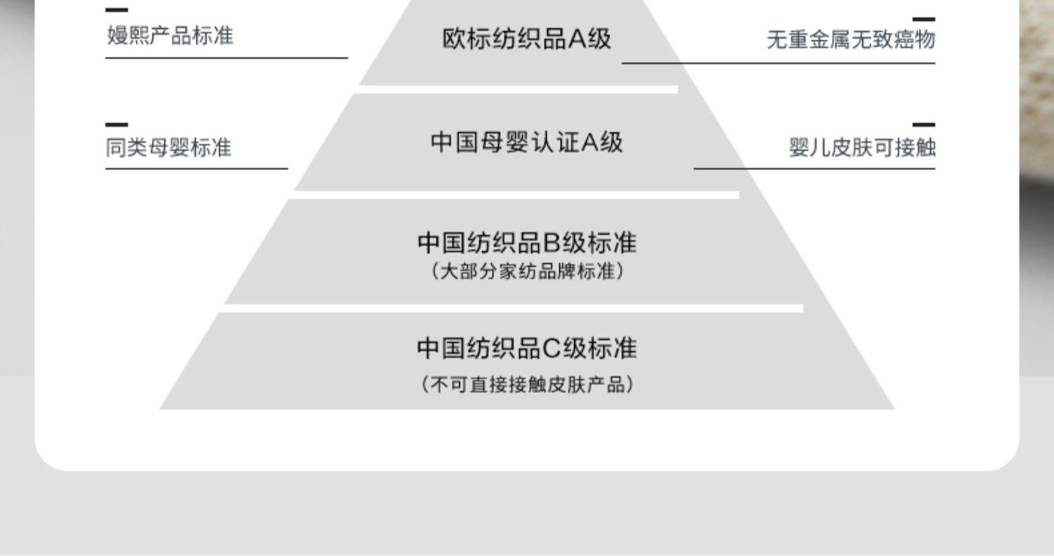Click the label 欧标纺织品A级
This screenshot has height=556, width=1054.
pyautogui.click(x=526, y=39)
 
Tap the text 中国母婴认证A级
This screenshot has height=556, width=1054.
pyautogui.click(x=526, y=142)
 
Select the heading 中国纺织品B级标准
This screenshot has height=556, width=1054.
pyautogui.click(x=527, y=243)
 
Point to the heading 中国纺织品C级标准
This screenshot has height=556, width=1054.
pyautogui.click(x=527, y=349)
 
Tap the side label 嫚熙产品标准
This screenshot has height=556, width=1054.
pyautogui.click(x=170, y=36)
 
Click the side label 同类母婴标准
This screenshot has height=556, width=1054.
pyautogui.click(x=169, y=148)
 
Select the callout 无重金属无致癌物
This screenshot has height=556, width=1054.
pyautogui.click(x=851, y=39)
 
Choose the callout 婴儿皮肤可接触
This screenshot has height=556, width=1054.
pyautogui.click(x=862, y=148)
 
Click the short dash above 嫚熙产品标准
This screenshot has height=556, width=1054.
pyautogui.click(x=117, y=10)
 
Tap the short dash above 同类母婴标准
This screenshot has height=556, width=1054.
pyautogui.click(x=117, y=124)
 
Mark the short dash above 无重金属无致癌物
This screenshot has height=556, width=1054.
pyautogui.click(x=924, y=19)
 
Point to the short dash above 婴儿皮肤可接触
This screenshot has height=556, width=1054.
pyautogui.click(x=924, y=124)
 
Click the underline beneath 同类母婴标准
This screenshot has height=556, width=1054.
pyautogui.click(x=197, y=169)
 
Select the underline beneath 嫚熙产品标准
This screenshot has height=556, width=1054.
pyautogui.click(x=227, y=58)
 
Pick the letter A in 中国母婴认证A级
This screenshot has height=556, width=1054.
pyautogui.click(x=590, y=143)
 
